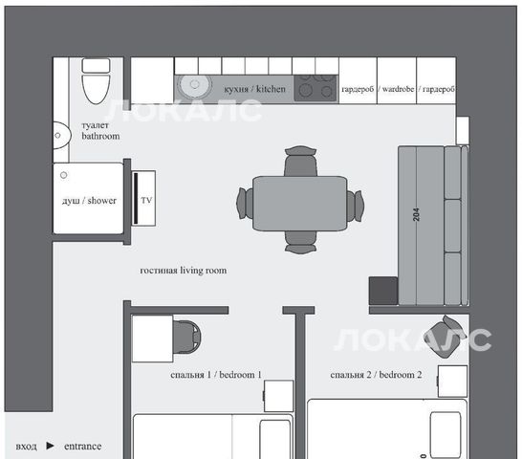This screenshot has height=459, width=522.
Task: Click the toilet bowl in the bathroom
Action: (96, 89)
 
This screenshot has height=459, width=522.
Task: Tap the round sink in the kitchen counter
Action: (194, 84)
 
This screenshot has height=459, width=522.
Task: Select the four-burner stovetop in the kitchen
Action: (315, 88)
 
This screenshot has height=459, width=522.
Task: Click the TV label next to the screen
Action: (146, 200)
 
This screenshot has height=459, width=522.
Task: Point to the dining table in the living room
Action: (299, 204)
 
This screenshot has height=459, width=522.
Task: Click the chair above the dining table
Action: (300, 161)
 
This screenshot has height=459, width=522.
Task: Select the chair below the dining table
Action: (300, 242)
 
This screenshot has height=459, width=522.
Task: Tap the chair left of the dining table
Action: (245, 203)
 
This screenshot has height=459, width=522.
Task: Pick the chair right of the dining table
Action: (355, 206)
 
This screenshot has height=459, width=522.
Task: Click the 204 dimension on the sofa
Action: (416, 214)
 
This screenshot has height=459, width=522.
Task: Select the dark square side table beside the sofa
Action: (383, 291)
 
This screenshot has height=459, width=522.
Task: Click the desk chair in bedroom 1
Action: (187, 338)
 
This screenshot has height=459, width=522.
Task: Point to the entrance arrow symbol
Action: (51, 446)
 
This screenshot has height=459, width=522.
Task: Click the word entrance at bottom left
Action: (82, 447)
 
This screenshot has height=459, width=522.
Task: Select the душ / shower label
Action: (89, 201)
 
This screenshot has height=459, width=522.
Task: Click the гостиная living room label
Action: (184, 270)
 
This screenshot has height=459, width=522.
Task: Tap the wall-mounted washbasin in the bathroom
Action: (61, 136)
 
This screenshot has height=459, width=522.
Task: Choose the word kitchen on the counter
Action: (271, 89)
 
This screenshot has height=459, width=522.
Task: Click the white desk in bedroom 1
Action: (152, 339)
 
